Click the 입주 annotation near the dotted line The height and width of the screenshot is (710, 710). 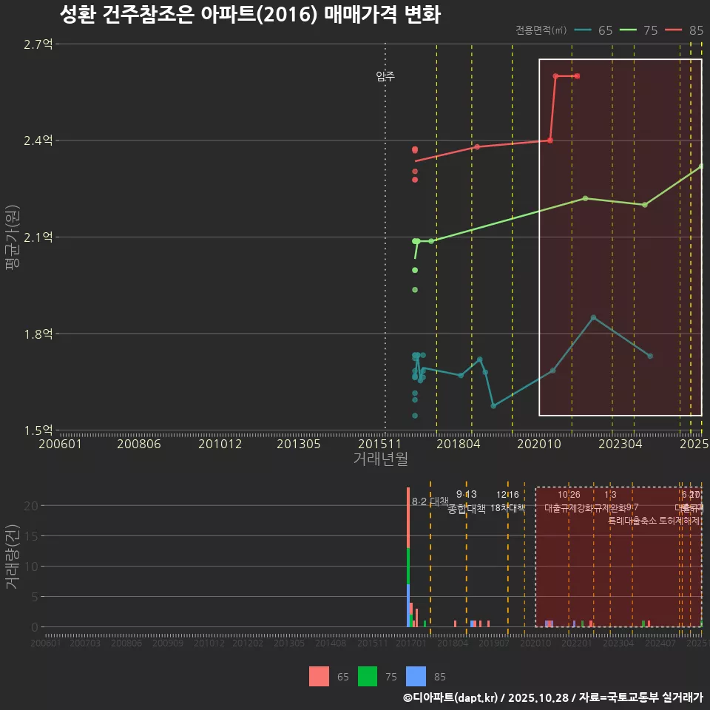[385, 76]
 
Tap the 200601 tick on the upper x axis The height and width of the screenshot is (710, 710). [60, 444]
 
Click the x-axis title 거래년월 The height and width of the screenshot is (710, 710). [380, 459]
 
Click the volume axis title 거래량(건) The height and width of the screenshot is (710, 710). [13, 557]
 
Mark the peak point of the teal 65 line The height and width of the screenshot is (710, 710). [593, 317]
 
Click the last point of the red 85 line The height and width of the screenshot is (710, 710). [577, 76]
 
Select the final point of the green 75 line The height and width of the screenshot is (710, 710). [700, 166]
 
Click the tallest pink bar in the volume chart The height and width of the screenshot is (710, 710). [408, 517]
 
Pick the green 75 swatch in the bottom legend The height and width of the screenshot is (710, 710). [368, 676]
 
